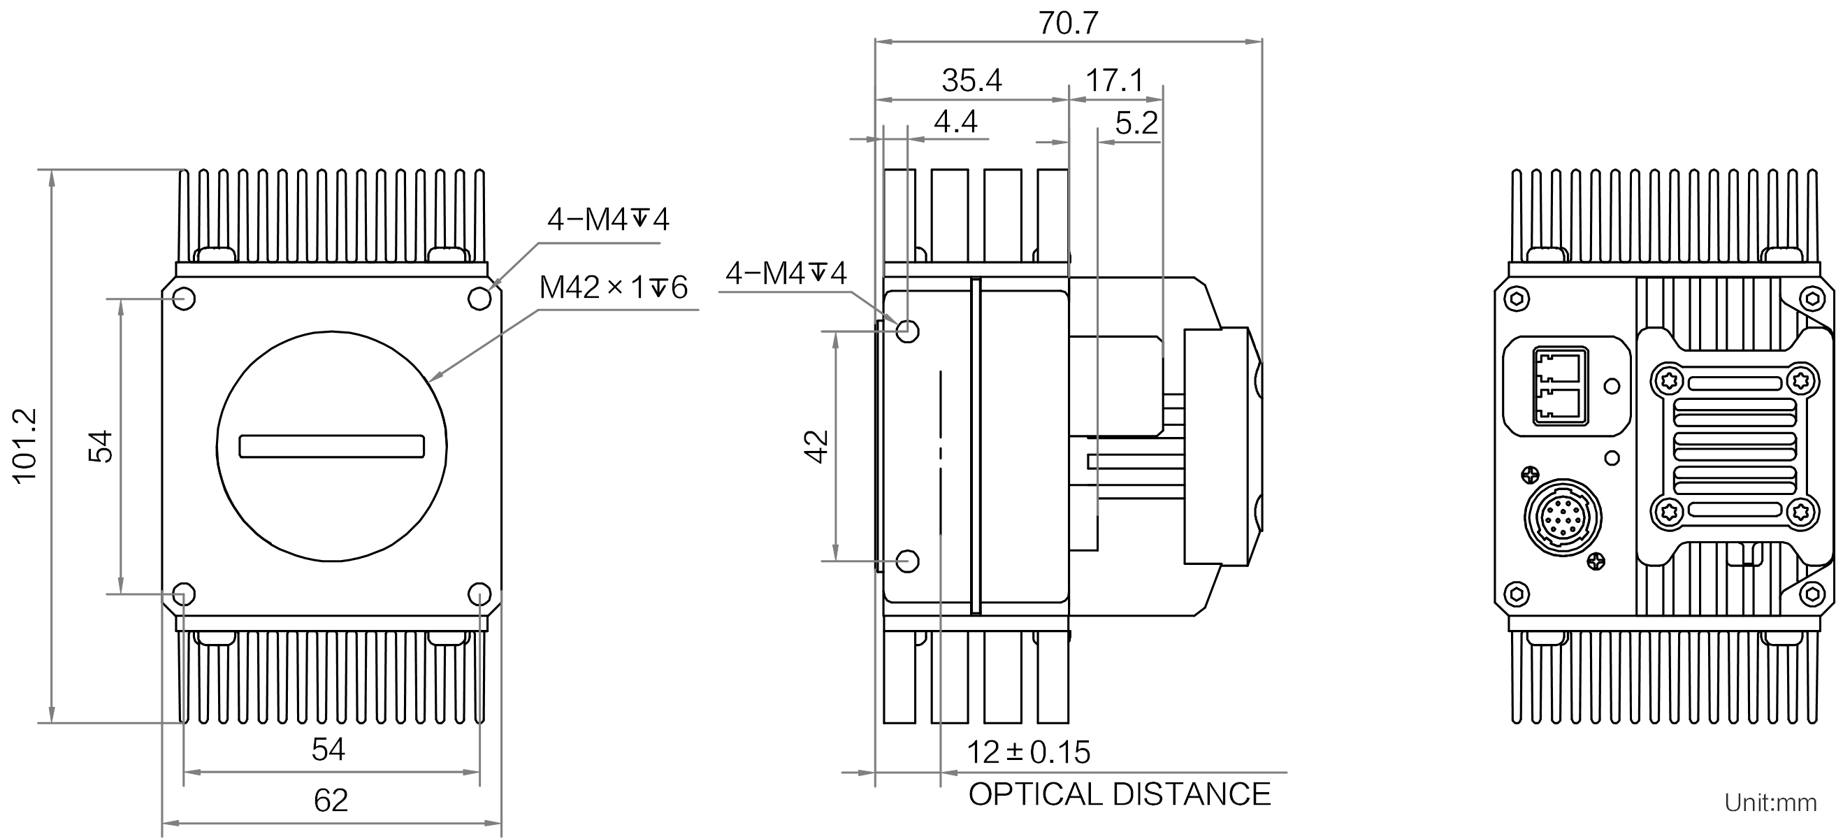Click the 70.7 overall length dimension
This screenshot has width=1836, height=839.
[1068, 23]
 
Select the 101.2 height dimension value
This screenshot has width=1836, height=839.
[25, 446]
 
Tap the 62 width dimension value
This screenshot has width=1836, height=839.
[331, 800]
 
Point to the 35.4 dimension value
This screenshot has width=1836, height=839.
[971, 80]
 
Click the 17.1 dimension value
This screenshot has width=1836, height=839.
[1115, 80]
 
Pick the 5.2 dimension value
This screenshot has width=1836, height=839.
[1136, 123]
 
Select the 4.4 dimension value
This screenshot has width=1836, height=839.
[955, 122]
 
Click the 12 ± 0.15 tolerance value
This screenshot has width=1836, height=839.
[1028, 752]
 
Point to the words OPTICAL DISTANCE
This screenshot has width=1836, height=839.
[1119, 794]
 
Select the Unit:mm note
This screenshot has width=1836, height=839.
[1770, 803]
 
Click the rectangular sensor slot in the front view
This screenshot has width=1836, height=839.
[331, 446]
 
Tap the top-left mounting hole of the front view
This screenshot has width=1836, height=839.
[184, 299]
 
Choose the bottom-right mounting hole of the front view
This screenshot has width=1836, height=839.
[479, 594]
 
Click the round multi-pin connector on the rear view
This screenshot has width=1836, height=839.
[1561, 517]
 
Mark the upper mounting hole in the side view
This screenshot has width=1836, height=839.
[907, 331]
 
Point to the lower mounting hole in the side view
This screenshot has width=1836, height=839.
[907, 561]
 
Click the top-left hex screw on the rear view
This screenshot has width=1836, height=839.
[1516, 299]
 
